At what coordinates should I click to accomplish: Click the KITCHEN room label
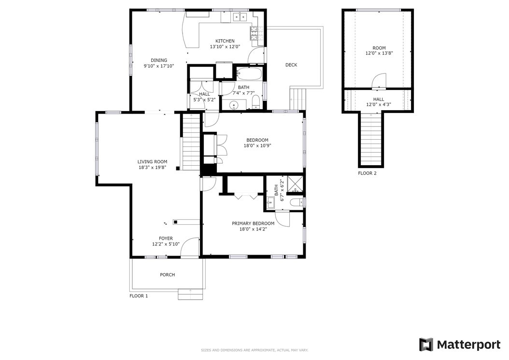click(225, 41)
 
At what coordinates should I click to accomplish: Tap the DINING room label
click(159, 60)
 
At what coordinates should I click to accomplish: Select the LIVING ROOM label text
click(152, 162)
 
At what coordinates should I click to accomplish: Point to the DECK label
click(291, 65)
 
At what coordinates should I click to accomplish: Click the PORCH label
click(168, 274)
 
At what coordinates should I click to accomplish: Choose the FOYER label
click(166, 239)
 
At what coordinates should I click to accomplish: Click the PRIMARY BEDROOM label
click(253, 224)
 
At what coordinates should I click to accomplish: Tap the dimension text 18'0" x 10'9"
click(257, 146)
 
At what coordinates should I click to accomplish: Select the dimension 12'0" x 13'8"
click(379, 53)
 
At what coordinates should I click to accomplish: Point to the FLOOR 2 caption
click(367, 173)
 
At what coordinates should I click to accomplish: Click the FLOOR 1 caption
click(139, 296)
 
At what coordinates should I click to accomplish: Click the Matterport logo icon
click(426, 345)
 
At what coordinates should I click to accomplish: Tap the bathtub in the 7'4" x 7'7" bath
click(249, 74)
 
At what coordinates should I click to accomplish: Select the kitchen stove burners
click(254, 33)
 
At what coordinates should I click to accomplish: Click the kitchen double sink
click(240, 16)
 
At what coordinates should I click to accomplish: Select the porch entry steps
click(190, 294)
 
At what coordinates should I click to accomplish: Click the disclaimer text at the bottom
click(254, 350)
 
